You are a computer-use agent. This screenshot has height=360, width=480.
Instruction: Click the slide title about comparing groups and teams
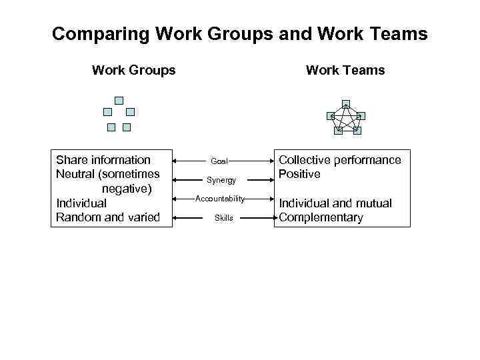click(239, 34)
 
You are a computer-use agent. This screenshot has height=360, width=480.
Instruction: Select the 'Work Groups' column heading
click(133, 70)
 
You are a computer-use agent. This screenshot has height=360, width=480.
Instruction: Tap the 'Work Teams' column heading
click(345, 70)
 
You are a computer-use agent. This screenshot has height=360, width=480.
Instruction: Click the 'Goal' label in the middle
click(219, 161)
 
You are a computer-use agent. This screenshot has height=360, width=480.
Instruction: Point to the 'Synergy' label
click(221, 180)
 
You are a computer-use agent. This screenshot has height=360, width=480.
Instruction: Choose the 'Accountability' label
click(220, 199)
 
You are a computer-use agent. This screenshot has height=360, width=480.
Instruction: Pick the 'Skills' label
click(224, 218)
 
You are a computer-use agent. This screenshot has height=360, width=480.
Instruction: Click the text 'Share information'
click(103, 160)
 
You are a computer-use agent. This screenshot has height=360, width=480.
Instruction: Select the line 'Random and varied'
click(108, 217)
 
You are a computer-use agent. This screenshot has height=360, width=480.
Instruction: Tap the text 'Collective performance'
click(339, 160)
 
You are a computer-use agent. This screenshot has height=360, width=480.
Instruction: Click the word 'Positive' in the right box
click(299, 174)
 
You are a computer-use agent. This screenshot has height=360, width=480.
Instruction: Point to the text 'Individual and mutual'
click(335, 203)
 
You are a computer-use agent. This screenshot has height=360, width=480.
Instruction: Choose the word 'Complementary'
click(321, 217)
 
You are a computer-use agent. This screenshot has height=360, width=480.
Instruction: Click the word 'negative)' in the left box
click(127, 189)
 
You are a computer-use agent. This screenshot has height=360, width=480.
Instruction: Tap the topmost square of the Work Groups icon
click(119, 101)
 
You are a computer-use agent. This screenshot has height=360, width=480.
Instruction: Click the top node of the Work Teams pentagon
click(345, 104)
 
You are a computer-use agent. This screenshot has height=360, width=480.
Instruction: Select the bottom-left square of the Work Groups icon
click(111, 127)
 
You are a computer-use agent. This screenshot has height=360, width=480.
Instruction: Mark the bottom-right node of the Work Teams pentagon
click(357, 131)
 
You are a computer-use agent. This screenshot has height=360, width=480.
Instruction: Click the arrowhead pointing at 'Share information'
click(175, 161)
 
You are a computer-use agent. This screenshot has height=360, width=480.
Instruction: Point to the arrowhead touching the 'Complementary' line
click(271, 218)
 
